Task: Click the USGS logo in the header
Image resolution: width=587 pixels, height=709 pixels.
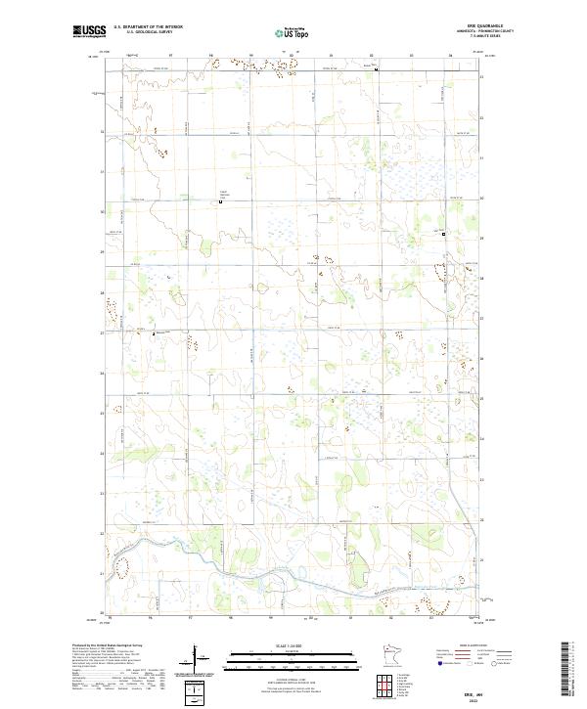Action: point(89,31)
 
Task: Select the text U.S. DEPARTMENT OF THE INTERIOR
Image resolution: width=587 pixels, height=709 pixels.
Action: point(148,26)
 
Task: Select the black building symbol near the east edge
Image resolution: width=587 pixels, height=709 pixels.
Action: point(443,234)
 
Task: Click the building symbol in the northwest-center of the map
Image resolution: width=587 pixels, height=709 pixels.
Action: point(220,201)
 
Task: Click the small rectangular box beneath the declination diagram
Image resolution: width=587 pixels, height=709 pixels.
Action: point(200,691)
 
